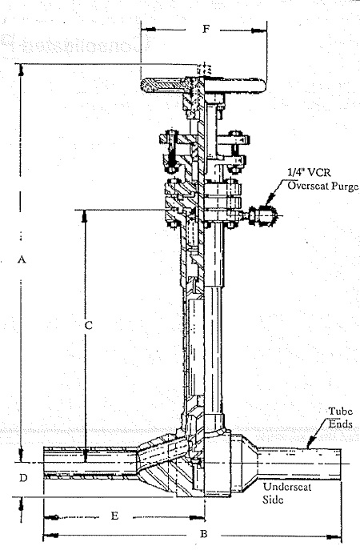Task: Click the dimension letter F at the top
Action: [x=206, y=28]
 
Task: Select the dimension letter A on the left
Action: [x=22, y=259]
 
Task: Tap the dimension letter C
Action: [x=89, y=325]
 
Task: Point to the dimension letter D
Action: [x=23, y=478]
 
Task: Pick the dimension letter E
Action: [x=114, y=516]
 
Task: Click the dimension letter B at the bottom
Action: [x=204, y=534]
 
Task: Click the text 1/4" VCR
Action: [x=309, y=173]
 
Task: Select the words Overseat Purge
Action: [x=323, y=186]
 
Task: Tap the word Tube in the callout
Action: [x=340, y=411]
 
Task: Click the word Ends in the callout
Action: [x=340, y=424]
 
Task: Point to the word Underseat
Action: [x=287, y=487]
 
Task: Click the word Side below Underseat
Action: [x=273, y=500]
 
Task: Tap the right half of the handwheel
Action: [x=235, y=86]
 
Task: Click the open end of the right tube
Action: [x=341, y=464]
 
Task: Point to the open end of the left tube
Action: [x=44, y=462]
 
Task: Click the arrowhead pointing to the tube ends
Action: [x=310, y=444]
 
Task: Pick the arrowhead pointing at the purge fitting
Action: [x=269, y=201]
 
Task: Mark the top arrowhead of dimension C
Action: [x=85, y=216]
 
